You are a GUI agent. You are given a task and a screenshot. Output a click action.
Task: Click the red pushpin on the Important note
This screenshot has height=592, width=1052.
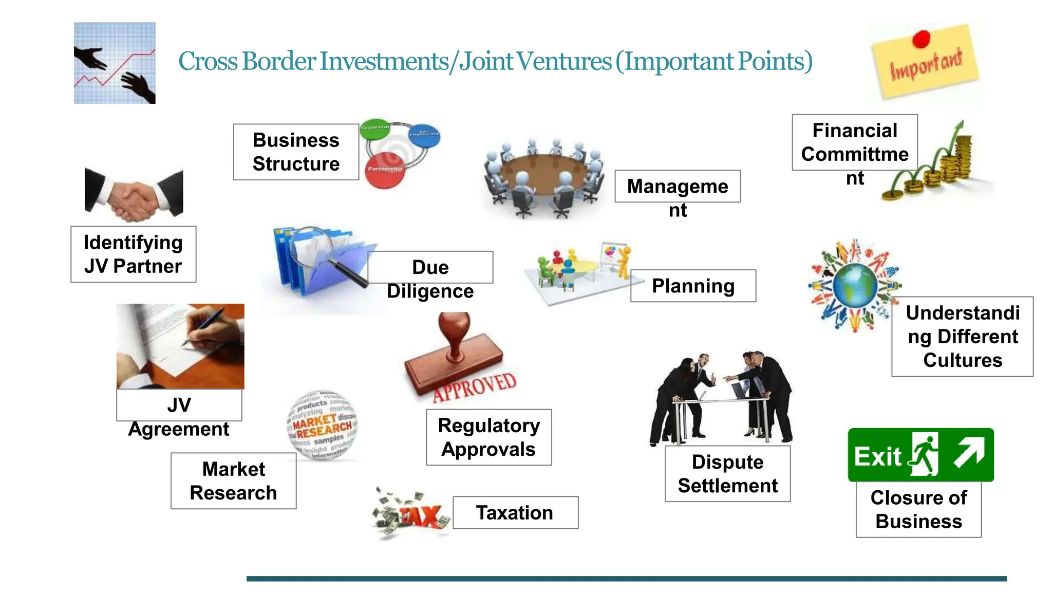click(x=922, y=39)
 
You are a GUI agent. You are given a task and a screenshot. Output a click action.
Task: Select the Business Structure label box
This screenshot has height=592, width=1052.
click(x=296, y=152)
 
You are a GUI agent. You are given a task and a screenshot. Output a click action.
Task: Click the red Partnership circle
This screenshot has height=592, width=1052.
click(x=385, y=170)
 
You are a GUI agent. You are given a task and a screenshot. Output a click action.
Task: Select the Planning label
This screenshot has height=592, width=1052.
click(x=693, y=286)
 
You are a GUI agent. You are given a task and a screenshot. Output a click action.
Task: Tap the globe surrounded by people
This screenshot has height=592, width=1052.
click(x=855, y=285)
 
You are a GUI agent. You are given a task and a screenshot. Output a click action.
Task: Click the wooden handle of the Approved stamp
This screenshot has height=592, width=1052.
click(x=454, y=334)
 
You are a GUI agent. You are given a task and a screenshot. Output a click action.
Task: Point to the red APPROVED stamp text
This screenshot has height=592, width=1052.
click(x=474, y=386)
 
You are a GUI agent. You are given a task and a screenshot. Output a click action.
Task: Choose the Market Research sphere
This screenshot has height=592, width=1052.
click(x=322, y=425)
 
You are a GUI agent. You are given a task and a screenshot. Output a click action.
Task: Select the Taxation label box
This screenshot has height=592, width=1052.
click(x=515, y=512)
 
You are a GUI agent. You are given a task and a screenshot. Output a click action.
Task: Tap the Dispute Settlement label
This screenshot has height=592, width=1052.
click(x=727, y=473)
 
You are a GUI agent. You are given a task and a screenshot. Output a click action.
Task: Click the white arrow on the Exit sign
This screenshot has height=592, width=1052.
click(x=969, y=452)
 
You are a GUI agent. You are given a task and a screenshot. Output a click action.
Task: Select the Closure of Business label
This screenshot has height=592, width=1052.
click(x=918, y=509)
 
